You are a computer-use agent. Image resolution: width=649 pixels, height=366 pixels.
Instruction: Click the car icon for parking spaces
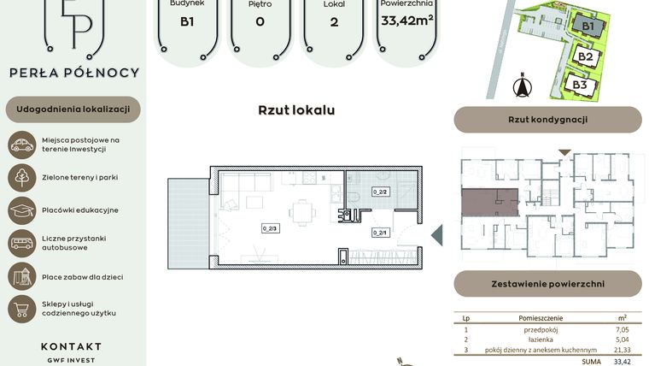(x=21, y=145)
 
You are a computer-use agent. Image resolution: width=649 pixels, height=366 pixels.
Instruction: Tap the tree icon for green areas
(x=21, y=178)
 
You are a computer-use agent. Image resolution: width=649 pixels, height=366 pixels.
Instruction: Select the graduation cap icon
(x=21, y=210)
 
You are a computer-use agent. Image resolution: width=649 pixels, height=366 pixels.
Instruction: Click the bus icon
(x=21, y=243)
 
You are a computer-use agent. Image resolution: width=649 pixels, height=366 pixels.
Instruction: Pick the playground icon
(x=21, y=275)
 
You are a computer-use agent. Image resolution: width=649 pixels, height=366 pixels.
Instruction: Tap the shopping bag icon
(x=21, y=308)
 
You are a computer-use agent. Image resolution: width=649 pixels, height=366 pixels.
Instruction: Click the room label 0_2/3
(x=272, y=228)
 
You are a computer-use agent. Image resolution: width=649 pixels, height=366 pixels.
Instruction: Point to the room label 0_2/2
(x=380, y=192)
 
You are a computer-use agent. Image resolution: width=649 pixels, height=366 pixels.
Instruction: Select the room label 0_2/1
(x=380, y=232)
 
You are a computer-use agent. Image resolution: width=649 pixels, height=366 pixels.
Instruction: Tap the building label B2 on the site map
(x=586, y=57)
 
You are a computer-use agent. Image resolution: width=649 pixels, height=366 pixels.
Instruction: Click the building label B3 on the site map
(x=580, y=85)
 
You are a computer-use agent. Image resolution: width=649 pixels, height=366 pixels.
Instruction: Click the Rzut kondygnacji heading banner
(x=547, y=120)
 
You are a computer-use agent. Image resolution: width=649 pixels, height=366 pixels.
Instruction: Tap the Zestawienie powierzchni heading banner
(x=547, y=283)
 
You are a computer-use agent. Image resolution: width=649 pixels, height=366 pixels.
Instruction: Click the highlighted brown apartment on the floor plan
(x=489, y=203)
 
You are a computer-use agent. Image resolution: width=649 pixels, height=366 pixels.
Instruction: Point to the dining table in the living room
(x=301, y=210)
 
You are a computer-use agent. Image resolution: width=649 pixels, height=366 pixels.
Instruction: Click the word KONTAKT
(x=71, y=346)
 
